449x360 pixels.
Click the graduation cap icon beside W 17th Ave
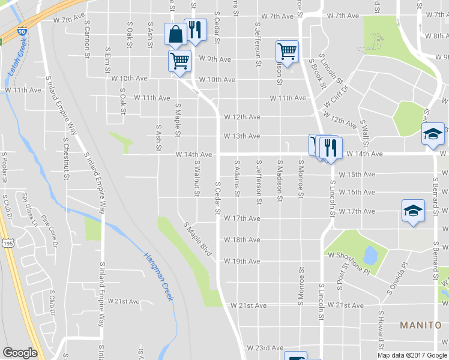coord(413,211)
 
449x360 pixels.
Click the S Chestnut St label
coord(65,155)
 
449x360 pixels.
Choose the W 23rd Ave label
coord(264,347)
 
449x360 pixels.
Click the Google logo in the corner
coord(20,353)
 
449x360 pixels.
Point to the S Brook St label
coord(318,73)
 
